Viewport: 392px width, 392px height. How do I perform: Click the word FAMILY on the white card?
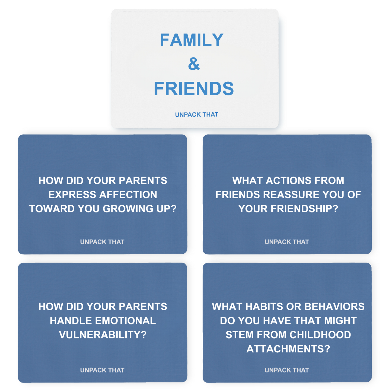click(x=192, y=40)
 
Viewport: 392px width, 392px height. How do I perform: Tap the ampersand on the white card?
click(x=194, y=64)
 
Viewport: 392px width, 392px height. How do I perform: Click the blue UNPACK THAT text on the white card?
click(x=196, y=114)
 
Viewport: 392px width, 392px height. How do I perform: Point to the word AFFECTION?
click(x=128, y=195)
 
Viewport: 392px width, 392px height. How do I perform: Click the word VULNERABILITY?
click(x=103, y=335)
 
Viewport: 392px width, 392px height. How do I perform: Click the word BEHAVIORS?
click(x=335, y=307)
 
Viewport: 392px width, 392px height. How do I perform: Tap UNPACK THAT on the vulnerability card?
click(x=102, y=370)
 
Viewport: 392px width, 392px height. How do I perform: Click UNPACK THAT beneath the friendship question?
click(x=287, y=242)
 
